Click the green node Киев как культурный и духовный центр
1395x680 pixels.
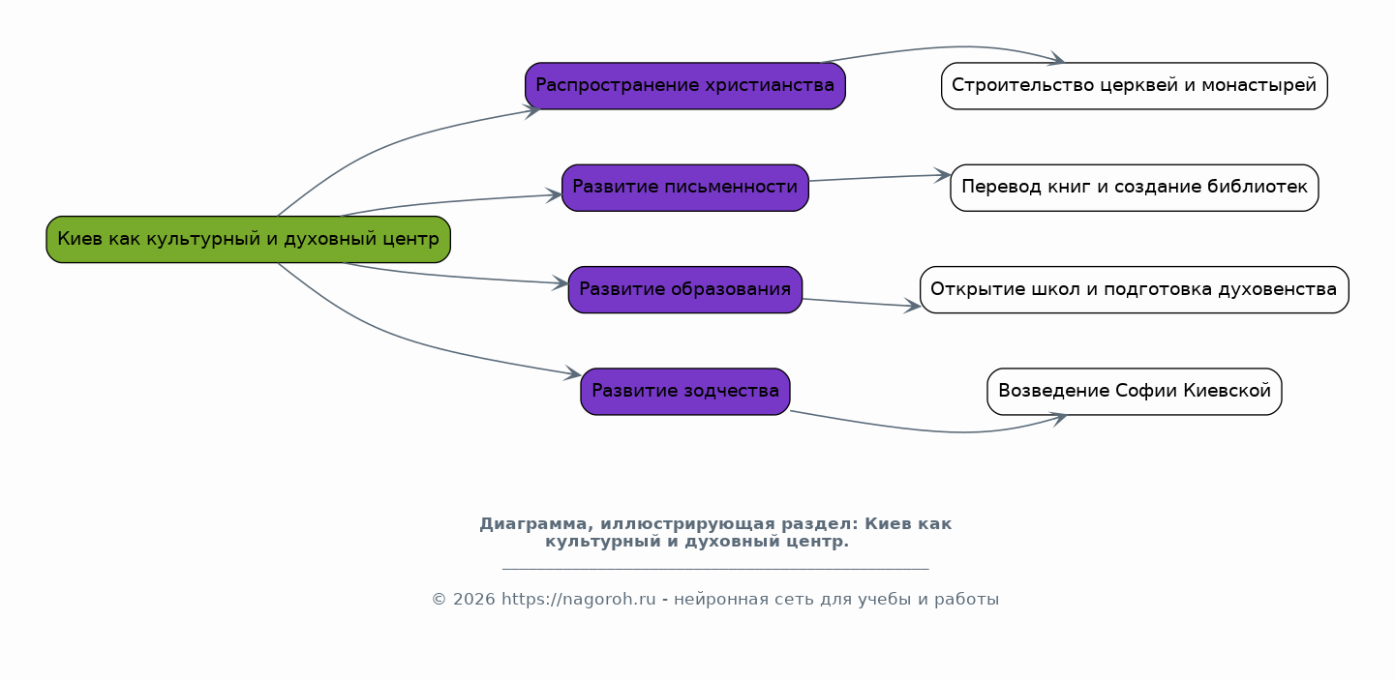248,240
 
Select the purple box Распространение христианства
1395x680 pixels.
685,86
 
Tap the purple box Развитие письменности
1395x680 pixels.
685,188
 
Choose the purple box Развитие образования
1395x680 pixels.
685,290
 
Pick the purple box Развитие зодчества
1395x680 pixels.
685,392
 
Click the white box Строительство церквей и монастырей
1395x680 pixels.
1134,86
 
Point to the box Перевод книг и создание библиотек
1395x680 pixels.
1134,188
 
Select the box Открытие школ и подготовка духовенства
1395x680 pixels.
1134,290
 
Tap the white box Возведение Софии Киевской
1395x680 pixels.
1134,392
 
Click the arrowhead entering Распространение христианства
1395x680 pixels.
532,110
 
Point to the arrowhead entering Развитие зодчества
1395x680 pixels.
573,373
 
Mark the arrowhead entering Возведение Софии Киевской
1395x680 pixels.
1058,419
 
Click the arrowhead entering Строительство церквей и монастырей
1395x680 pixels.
1057,59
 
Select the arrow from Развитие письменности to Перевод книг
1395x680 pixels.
880,178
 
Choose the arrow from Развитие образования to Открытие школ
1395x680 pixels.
862,303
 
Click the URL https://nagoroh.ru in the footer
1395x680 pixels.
579,599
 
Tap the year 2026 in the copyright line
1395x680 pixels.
474,599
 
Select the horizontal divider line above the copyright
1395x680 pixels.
715,569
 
